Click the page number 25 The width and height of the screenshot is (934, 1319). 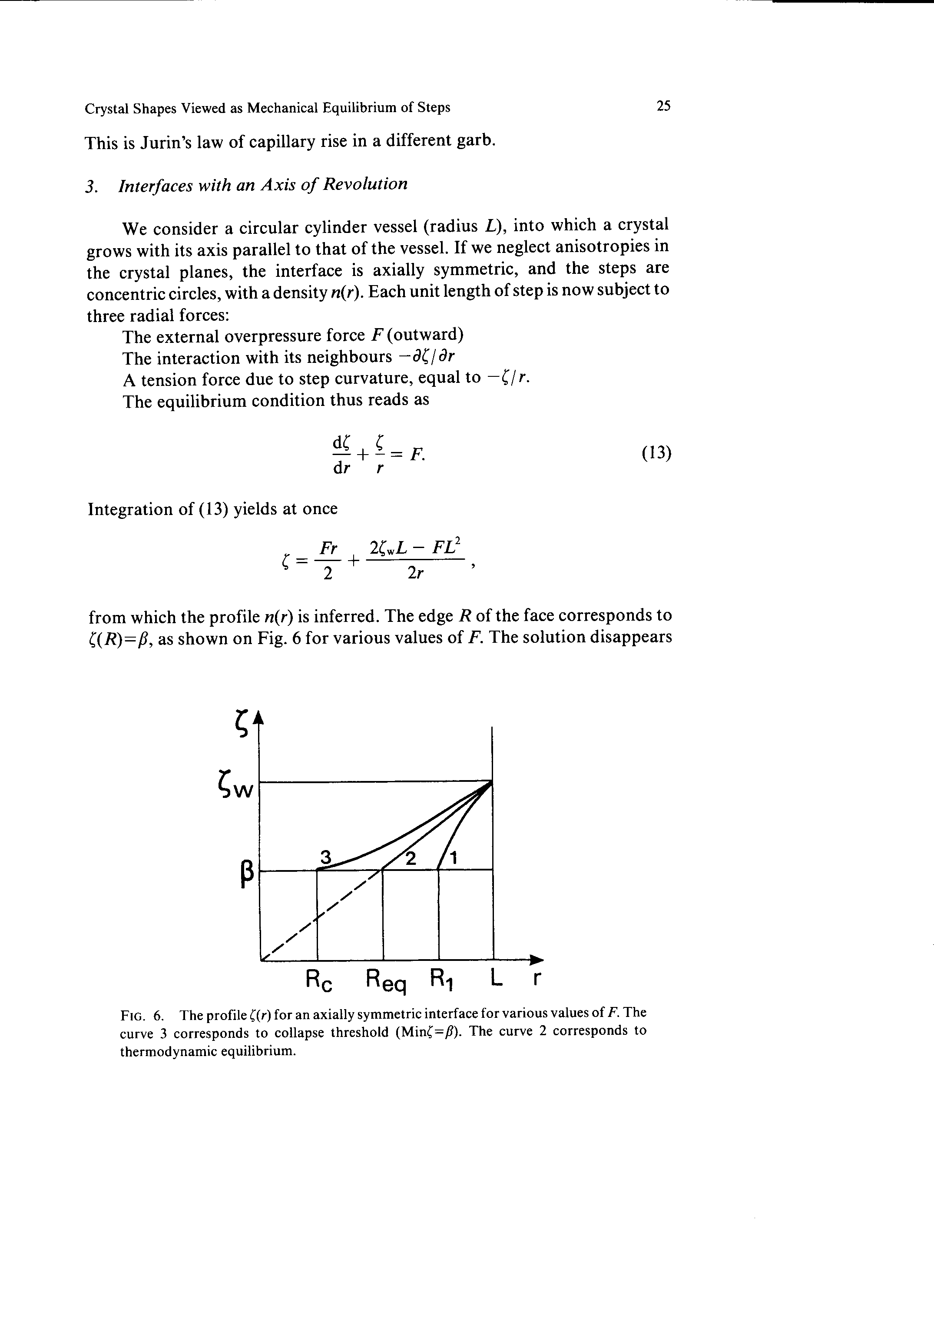(x=663, y=106)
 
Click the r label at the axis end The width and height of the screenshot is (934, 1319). (x=536, y=978)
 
